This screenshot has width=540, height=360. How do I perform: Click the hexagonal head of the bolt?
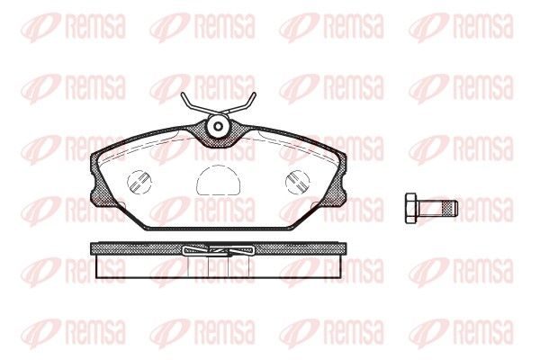[x=411, y=208]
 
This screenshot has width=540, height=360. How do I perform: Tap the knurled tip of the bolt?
[x=452, y=208]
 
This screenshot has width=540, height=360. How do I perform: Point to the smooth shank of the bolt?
[x=431, y=208]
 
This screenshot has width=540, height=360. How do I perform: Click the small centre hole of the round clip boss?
[x=218, y=126]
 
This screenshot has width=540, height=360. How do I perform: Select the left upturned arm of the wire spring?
[x=193, y=103]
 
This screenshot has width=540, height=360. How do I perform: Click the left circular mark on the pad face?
[x=139, y=182]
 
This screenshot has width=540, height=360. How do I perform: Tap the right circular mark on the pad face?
[x=298, y=182]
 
